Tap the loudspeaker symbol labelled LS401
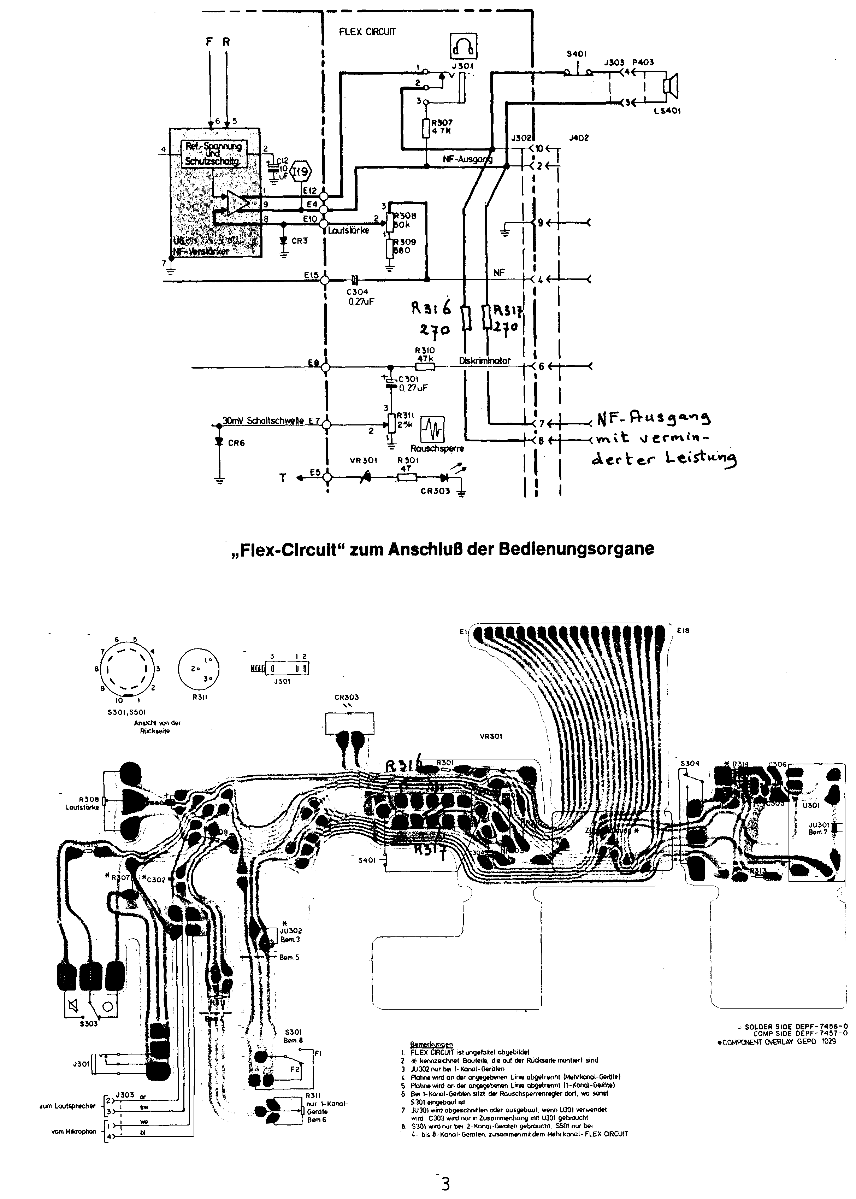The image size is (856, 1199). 671,87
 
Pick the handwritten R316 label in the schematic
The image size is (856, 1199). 431,308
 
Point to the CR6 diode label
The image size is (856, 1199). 236,443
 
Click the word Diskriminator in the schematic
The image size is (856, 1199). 484,361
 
